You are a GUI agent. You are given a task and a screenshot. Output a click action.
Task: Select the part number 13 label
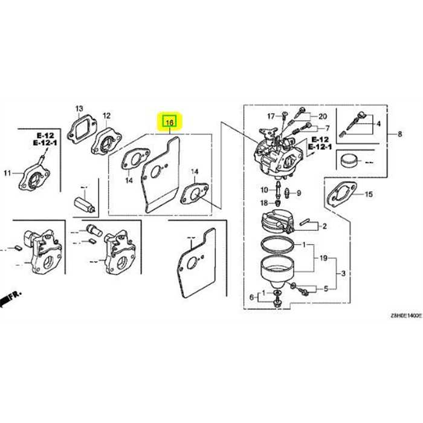(x=79, y=109)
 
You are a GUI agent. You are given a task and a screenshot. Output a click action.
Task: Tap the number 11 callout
(x=7, y=173)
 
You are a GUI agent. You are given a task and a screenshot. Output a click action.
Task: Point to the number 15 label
(x=369, y=194)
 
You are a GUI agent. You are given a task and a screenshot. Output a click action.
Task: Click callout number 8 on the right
(x=399, y=134)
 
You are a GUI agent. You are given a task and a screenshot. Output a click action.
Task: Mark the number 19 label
(x=323, y=258)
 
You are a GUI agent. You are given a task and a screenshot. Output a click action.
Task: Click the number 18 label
(x=263, y=202)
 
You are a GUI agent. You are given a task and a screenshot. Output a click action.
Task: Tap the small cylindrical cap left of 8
(x=349, y=162)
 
